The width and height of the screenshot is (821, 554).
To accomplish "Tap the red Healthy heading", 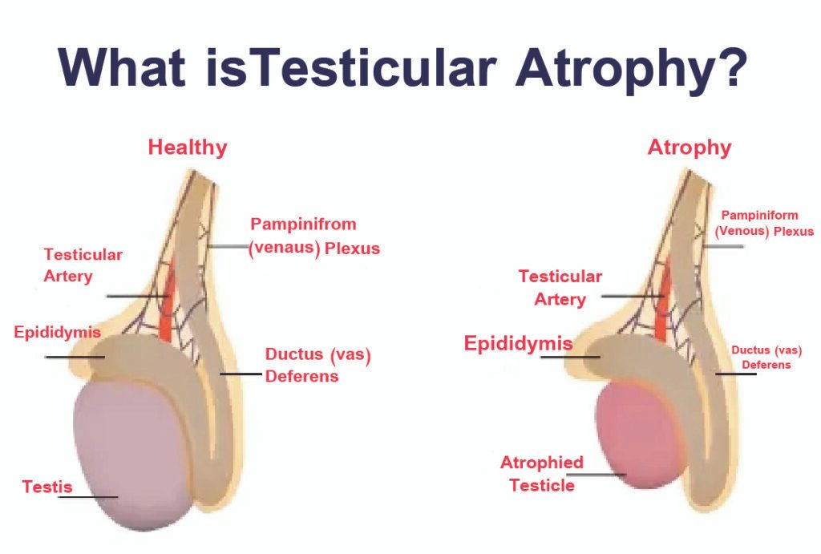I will pyautogui.click(x=188, y=148).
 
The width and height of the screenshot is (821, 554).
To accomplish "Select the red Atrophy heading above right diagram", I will pyautogui.click(x=690, y=148).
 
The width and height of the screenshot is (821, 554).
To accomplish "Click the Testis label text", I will pyautogui.click(x=47, y=486).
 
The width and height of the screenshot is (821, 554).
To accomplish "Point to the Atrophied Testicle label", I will pyautogui.click(x=542, y=473).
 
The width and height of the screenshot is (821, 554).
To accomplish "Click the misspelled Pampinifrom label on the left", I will pyautogui.click(x=303, y=224).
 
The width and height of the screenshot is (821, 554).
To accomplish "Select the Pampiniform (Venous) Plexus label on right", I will pyautogui.click(x=767, y=223).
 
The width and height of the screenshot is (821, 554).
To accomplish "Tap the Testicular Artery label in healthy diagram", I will pyautogui.click(x=83, y=265).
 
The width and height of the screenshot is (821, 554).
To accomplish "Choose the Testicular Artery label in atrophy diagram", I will pyautogui.click(x=560, y=287).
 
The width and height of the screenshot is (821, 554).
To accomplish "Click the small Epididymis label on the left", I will pyautogui.click(x=56, y=332).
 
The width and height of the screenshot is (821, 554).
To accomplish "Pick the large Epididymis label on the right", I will pyautogui.click(x=518, y=344).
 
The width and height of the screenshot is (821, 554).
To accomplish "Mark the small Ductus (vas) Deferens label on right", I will pyautogui.click(x=766, y=357).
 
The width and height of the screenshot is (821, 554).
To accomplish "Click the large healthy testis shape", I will pyautogui.click(x=132, y=457).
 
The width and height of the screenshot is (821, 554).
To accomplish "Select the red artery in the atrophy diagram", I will pyautogui.click(x=662, y=309).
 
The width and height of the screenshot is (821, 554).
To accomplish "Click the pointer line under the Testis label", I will pyautogui.click(x=88, y=497).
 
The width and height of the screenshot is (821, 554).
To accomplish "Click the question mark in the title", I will pyautogui.click(x=727, y=69).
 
